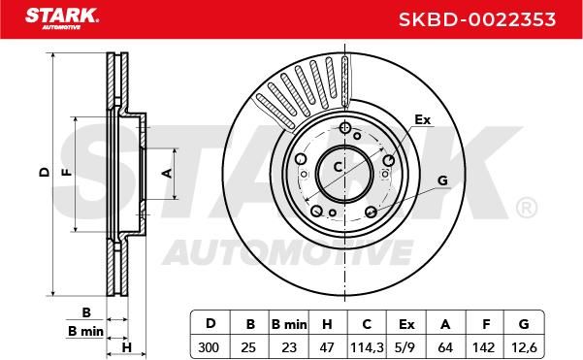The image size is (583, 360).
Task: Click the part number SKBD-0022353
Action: (477, 19)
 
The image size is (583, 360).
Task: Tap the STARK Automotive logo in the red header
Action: (62, 18)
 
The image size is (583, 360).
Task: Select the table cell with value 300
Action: (209, 347)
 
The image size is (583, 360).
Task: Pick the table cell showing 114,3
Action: (367, 347)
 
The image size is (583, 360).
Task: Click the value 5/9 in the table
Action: (405, 347)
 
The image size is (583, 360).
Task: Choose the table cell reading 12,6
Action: (524, 347)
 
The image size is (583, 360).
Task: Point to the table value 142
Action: (483, 347)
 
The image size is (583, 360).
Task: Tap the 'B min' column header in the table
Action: (289, 324)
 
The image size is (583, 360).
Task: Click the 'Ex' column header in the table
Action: (406, 324)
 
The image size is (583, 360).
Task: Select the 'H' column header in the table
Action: (327, 324)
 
